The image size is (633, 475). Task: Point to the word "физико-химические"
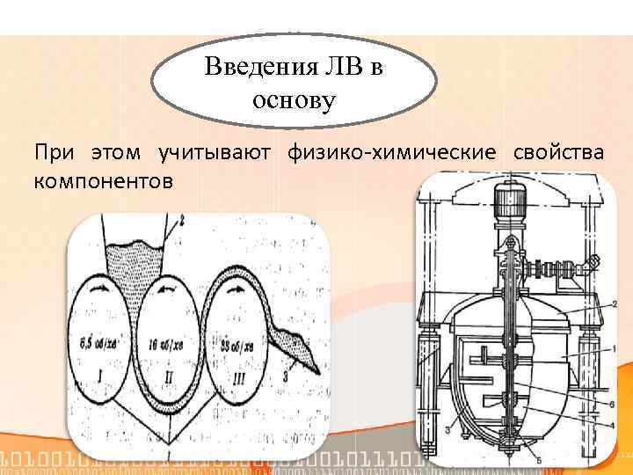tap(391, 153)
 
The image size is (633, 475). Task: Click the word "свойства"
tap(557, 153)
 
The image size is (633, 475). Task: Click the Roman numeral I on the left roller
tap(104, 378)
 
